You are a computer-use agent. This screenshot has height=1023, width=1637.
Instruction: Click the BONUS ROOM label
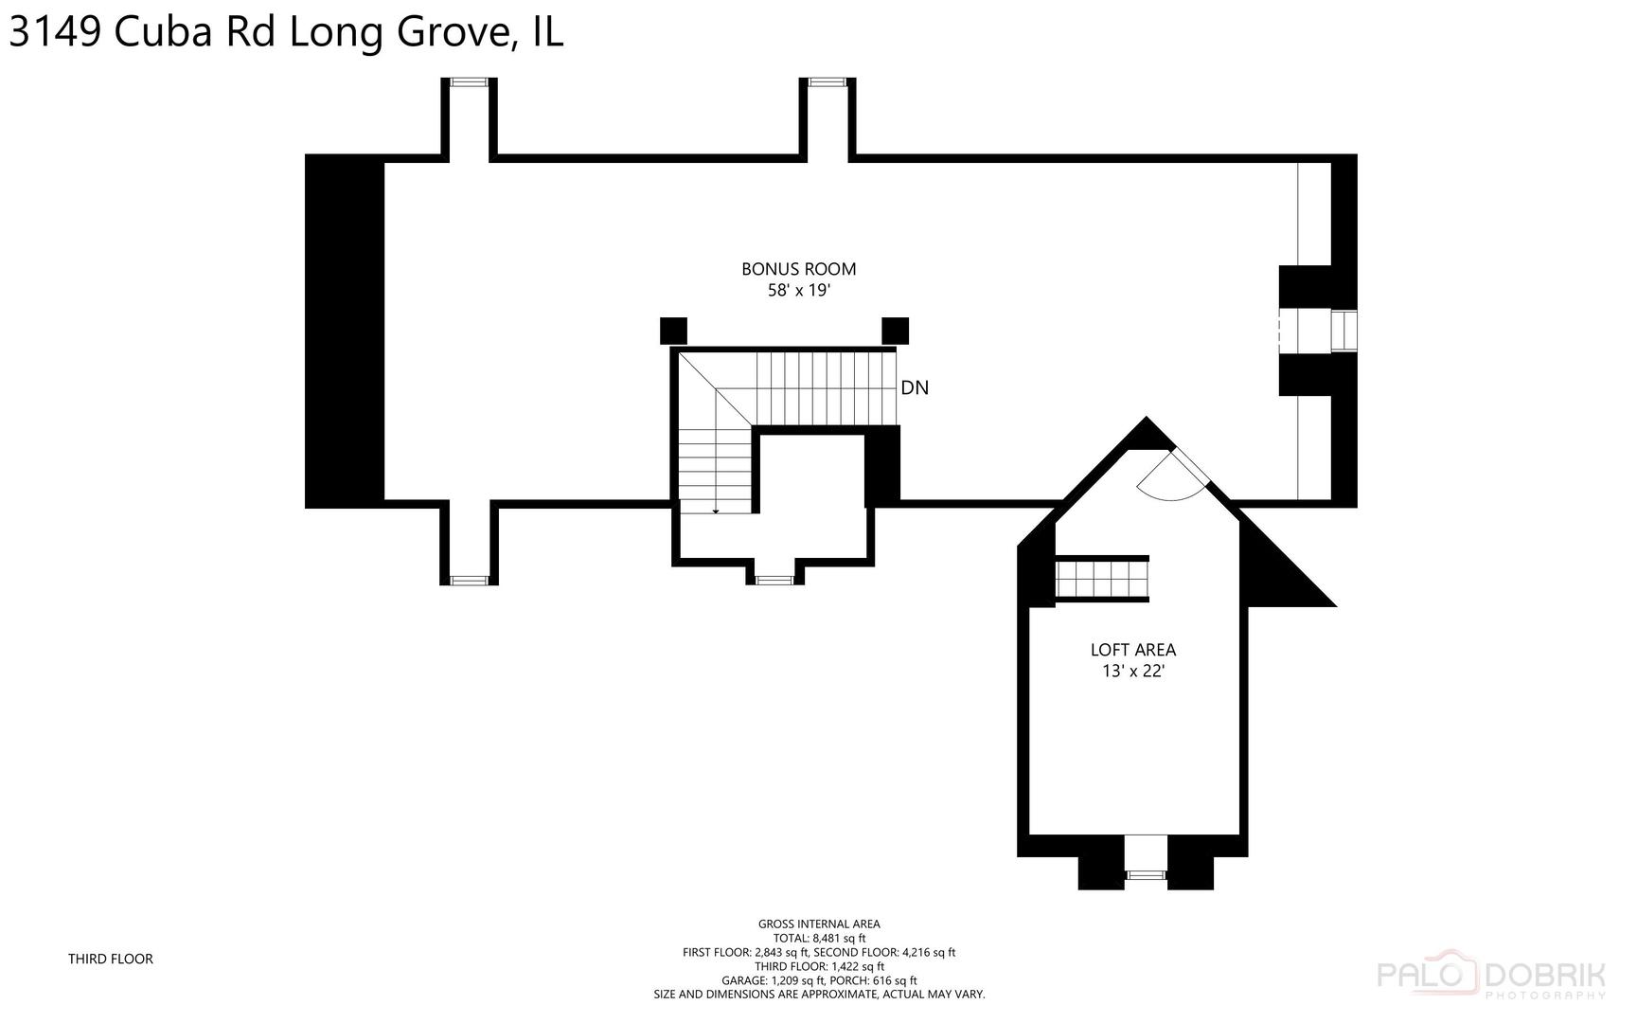tap(798, 269)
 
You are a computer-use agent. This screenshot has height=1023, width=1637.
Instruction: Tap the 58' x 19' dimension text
tap(798, 291)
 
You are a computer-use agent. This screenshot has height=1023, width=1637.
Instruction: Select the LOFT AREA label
tap(1132, 650)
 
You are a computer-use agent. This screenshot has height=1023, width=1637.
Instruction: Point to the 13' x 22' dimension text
tap(1132, 672)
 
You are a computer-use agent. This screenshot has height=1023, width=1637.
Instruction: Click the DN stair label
tap(914, 387)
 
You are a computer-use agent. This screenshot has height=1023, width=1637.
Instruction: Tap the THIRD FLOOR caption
tap(110, 959)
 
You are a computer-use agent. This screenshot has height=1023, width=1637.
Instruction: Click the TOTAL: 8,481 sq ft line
tap(819, 938)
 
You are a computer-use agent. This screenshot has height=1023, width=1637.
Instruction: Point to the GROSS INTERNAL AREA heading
tap(819, 924)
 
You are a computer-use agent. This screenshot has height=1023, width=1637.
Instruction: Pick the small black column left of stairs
tap(672, 331)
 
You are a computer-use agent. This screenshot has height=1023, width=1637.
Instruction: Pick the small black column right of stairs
tap(895, 331)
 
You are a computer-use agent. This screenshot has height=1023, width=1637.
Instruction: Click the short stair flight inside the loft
tap(1102, 579)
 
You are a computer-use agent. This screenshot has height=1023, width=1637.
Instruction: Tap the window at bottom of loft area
tap(1146, 874)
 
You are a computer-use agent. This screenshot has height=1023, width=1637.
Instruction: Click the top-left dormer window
tap(469, 82)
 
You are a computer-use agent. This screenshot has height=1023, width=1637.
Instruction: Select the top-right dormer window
tap(827, 82)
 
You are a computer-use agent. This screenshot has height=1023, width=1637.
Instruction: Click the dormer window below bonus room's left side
tap(469, 580)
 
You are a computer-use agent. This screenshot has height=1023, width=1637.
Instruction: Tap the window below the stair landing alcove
tap(774, 579)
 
